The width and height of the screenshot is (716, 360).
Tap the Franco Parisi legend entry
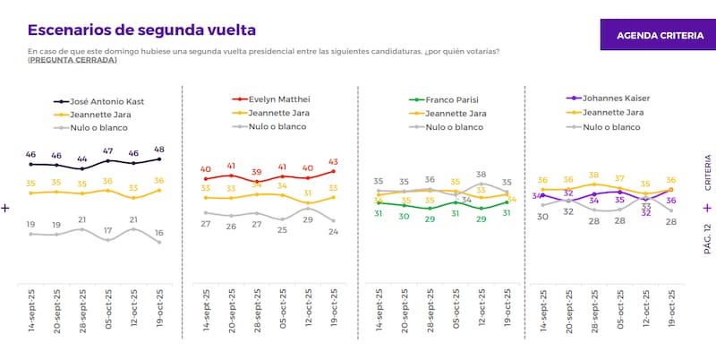[x=449, y=100]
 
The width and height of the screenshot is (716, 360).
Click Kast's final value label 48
[x=160, y=149]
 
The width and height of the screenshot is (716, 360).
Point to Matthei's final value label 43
[x=333, y=161]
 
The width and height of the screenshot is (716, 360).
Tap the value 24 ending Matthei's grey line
[x=333, y=231]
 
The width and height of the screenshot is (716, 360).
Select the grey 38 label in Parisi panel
[x=482, y=175]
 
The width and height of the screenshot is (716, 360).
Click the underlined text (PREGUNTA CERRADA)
[x=72, y=60]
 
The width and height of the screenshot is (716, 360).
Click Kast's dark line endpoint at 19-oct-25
[x=159, y=159]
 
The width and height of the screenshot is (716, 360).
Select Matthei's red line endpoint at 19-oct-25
[x=333, y=171]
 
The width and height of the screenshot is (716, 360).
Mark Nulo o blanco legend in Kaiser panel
[x=610, y=127]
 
